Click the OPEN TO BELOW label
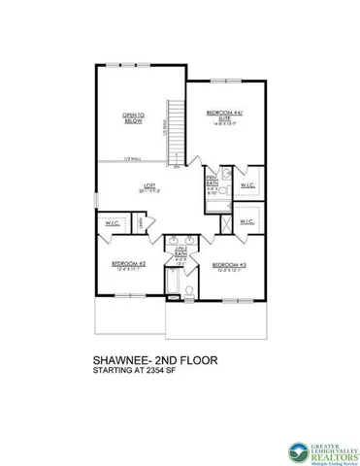click(133, 119)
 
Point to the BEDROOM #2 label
click(128, 266)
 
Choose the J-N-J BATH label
click(180, 251)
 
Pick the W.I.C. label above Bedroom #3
click(245, 221)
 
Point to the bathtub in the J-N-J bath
click(171, 283)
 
